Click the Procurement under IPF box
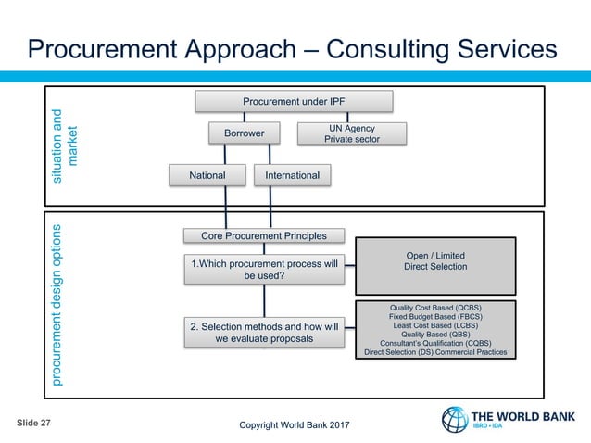coord(293,100)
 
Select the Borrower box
coord(245,133)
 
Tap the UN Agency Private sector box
coord(351,133)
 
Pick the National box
coord(207,174)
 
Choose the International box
coord(292,174)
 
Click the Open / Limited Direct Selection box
coord(435,261)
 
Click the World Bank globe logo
coord(456,419)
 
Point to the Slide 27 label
coord(33,423)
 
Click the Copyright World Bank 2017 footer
coord(295,425)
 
